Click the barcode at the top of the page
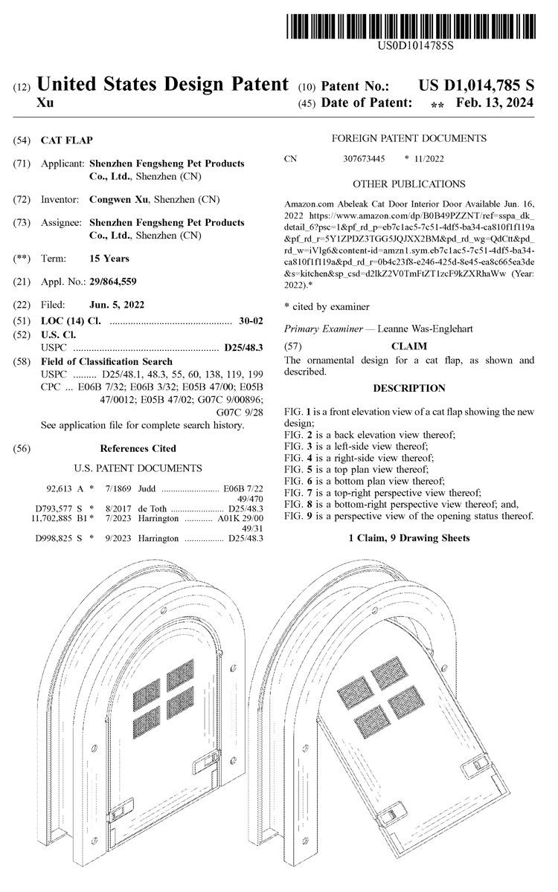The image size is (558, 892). [x=410, y=25]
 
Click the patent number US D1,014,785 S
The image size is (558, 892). [x=476, y=86]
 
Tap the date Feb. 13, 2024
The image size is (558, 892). [x=495, y=103]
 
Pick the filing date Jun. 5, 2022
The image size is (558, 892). [x=117, y=305]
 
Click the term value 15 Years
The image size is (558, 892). [x=109, y=259]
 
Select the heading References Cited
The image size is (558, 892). [x=138, y=448]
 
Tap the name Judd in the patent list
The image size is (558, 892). [x=147, y=489]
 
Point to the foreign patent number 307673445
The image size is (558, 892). [x=364, y=158]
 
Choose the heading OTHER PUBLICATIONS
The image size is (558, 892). [x=409, y=184]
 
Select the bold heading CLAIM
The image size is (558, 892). [x=409, y=346]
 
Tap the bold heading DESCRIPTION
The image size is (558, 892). [x=409, y=388]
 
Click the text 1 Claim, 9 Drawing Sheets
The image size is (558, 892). [x=409, y=537]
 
